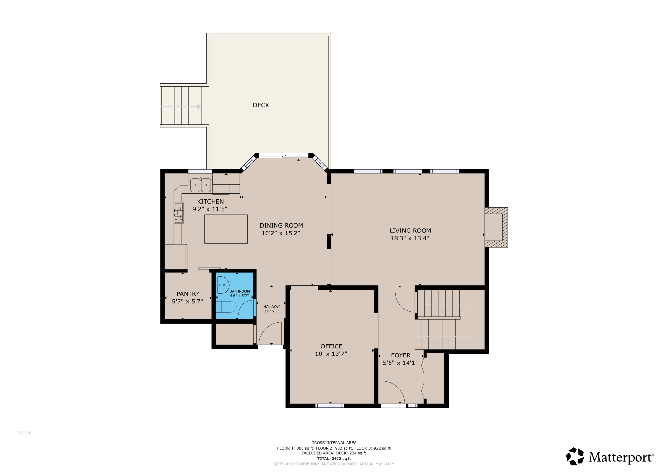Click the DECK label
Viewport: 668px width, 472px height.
[261, 105]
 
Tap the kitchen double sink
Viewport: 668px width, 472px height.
[201, 185]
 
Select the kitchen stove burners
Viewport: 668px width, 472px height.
[179, 213]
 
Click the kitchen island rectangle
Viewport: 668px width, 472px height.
[226, 229]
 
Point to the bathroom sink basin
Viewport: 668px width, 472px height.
[223, 285]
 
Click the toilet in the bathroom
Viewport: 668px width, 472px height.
[226, 307]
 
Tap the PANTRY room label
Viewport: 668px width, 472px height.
[188, 294]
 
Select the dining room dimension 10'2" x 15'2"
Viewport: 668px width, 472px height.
[281, 233]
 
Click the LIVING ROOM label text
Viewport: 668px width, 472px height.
[410, 231]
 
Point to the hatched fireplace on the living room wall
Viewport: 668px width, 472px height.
[497, 227]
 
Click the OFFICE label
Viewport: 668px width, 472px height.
[331, 346]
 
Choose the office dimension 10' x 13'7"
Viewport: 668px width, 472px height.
[331, 354]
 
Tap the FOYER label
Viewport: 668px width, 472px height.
[400, 355]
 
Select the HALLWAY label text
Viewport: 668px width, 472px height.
[272, 307]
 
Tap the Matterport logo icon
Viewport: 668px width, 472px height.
[575, 456]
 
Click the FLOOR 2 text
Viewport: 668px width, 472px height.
[25, 433]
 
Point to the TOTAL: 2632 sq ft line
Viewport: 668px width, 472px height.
[334, 459]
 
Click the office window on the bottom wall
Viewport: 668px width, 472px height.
[330, 406]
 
